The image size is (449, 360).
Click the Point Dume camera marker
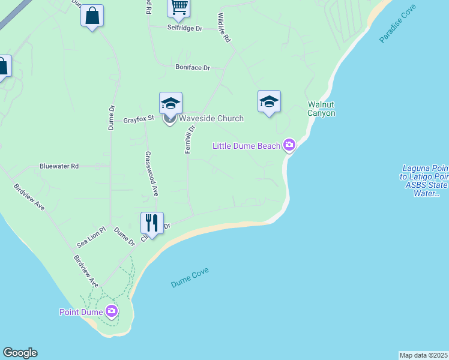(x=112, y=311)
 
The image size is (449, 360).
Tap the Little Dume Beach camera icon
(x=289, y=145)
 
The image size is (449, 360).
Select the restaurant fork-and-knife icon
(x=152, y=223)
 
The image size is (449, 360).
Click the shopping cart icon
(x=178, y=7)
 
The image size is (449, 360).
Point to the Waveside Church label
(x=211, y=118)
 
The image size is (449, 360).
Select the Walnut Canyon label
(x=321, y=109)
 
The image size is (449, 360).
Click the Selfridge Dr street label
(x=185, y=28)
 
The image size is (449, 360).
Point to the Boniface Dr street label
(x=193, y=68)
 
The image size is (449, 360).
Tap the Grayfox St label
(x=139, y=119)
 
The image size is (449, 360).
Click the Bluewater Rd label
(x=59, y=166)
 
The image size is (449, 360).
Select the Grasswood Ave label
(x=151, y=173)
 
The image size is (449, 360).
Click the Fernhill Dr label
(x=190, y=139)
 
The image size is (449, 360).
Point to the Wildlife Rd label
(x=224, y=28)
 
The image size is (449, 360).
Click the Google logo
(x=20, y=353)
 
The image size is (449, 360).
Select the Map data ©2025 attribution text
(x=424, y=355)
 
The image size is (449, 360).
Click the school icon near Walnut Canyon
(x=269, y=101)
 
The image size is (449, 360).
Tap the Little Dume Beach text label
(x=247, y=146)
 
